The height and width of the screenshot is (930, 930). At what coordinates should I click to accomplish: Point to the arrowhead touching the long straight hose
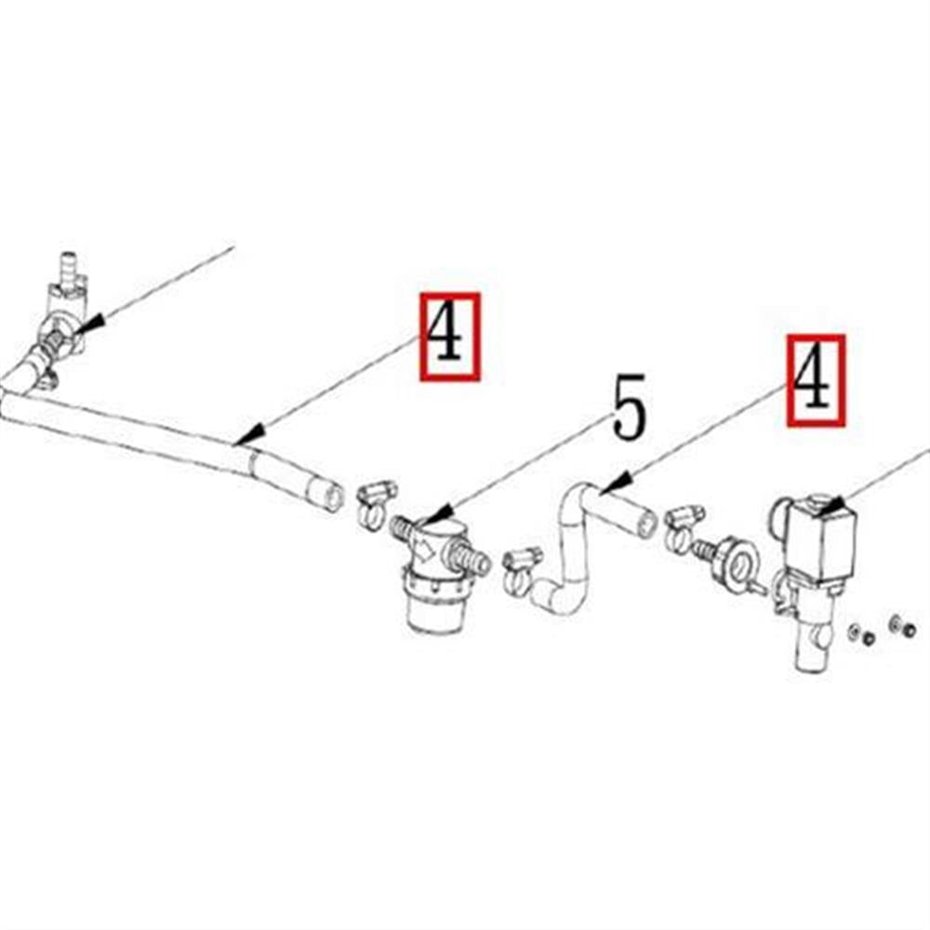pos(248,435)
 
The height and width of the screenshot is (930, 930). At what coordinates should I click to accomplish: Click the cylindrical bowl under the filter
pos(433,610)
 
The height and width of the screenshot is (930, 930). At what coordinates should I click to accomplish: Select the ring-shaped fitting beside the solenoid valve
pos(738,564)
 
